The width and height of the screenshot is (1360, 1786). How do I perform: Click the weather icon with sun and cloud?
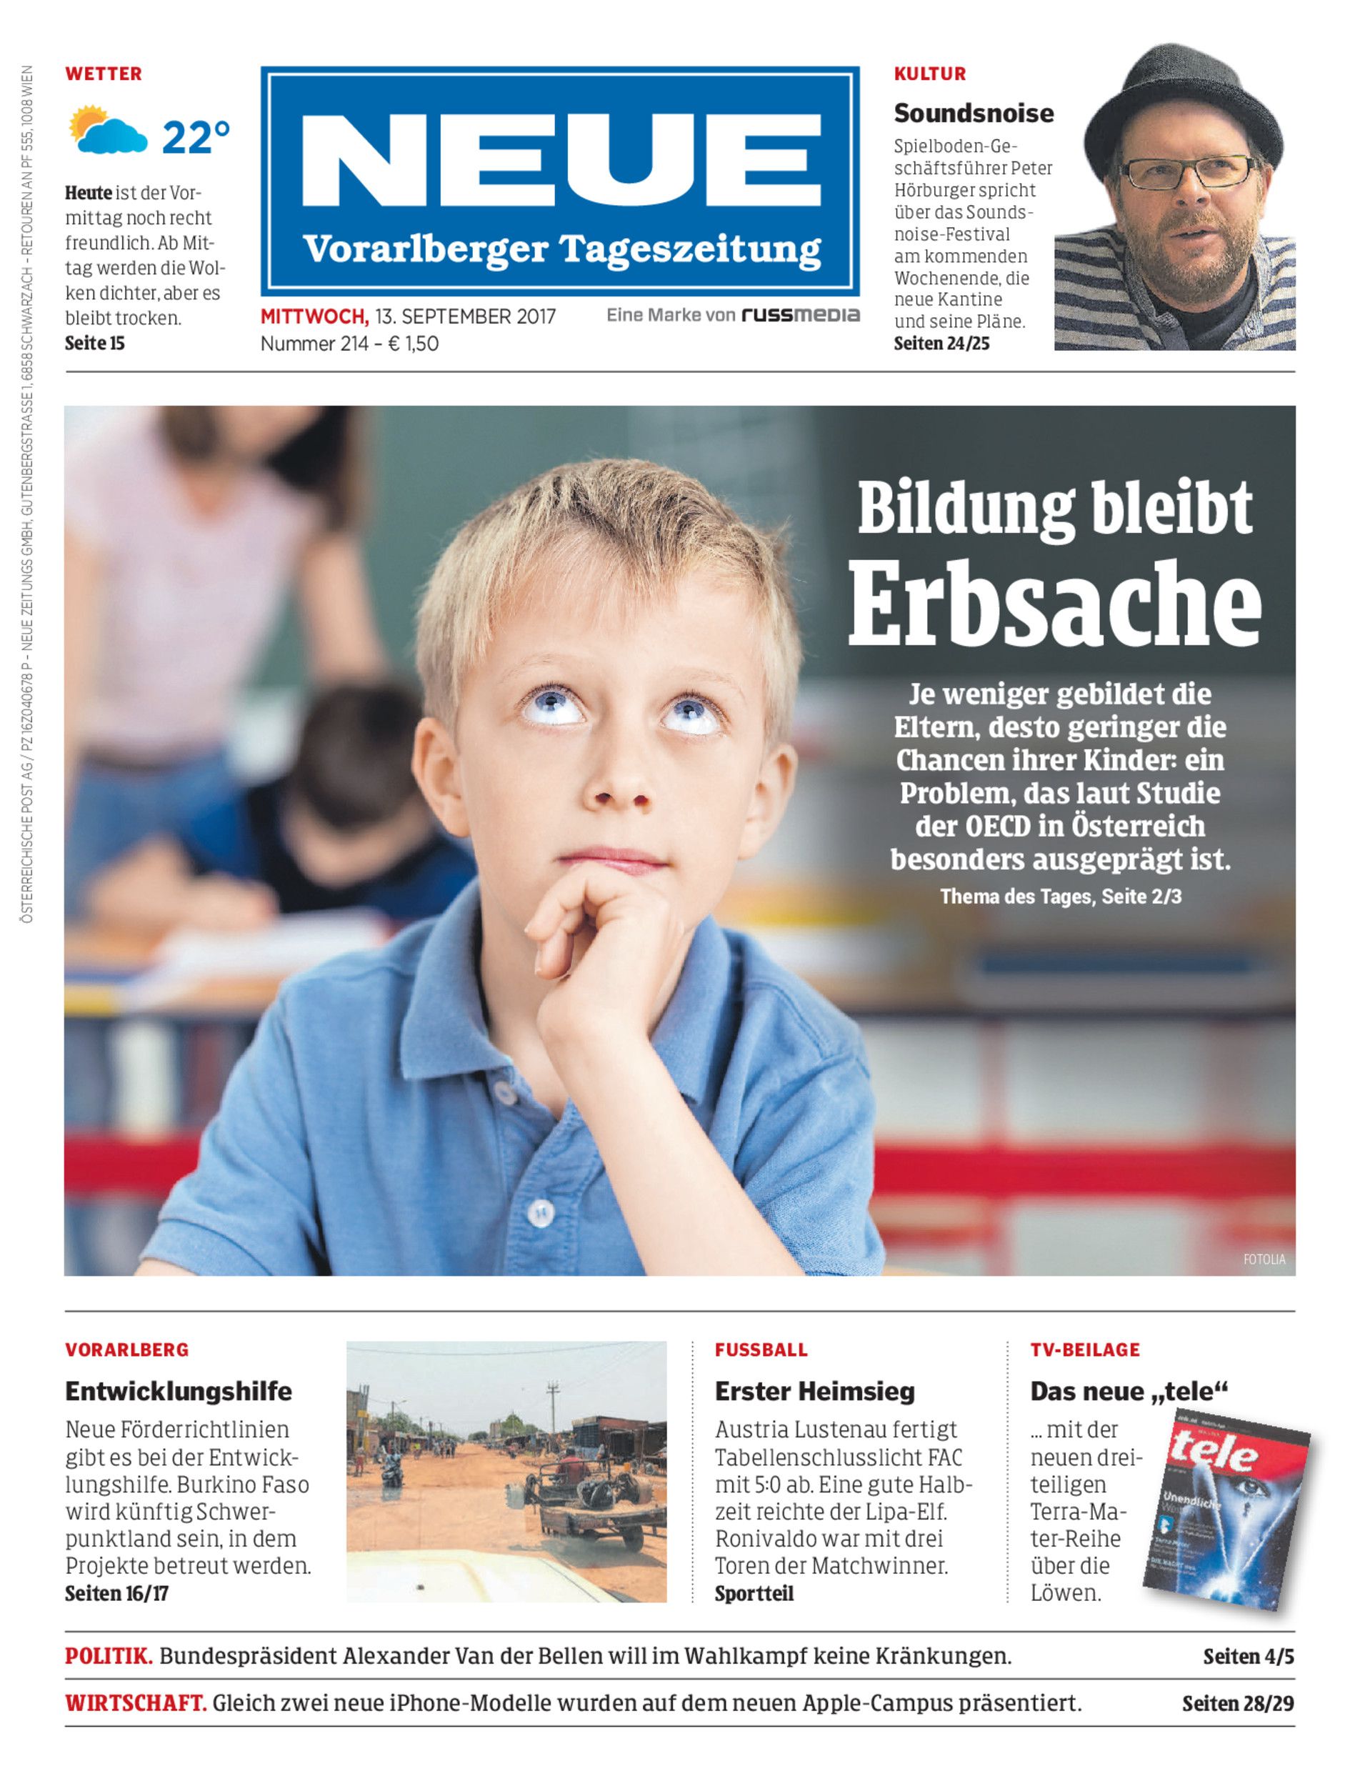click(108, 130)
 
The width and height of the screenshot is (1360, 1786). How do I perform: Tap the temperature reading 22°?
click(196, 138)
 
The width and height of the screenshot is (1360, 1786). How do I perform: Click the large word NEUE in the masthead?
click(561, 160)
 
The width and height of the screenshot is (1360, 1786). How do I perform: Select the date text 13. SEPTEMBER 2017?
click(466, 316)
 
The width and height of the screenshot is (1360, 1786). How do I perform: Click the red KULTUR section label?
click(929, 74)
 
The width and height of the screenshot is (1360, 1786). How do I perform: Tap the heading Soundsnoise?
click(973, 114)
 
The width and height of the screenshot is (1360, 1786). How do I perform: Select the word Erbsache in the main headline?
click(1054, 602)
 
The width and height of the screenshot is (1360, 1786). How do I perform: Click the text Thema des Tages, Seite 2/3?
click(1061, 897)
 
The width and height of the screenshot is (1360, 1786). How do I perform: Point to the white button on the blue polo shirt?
click(541, 1213)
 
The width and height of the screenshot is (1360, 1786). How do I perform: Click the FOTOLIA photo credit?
click(1264, 1259)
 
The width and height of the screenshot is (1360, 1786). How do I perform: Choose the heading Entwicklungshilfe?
click(178, 1391)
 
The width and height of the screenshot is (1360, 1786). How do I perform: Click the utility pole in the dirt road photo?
click(554, 1409)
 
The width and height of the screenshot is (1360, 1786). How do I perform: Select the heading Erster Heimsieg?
click(814, 1391)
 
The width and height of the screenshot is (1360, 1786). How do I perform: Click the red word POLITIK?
click(109, 1657)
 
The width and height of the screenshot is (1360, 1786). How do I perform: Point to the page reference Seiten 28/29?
click(1237, 1703)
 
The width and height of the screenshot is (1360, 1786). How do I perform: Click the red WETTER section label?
click(104, 74)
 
